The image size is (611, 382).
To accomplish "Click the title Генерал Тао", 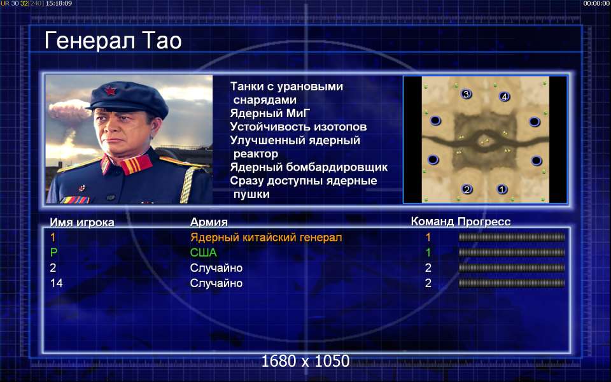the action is pos(113,41).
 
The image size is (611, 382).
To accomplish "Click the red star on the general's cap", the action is pos(110,90).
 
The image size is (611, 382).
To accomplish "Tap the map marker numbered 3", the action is pos(466,94).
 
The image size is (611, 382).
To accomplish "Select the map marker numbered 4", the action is pos(504,96).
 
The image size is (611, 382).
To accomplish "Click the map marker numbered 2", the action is pos(467,190).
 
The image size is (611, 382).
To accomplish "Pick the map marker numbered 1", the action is pos(502,189).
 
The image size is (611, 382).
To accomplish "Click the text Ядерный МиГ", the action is pos(270,113).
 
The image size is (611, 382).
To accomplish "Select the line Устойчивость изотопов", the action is pos(298,127).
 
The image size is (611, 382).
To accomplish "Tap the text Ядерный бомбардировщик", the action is pos(309,167).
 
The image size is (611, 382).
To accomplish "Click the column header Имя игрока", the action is pos(82,222).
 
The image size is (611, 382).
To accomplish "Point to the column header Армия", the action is pos(209,222).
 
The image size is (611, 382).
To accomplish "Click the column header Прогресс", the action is pos(484,222).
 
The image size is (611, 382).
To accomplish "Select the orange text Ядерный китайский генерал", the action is pos(266,237).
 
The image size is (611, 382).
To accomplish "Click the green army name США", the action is pos(204,253).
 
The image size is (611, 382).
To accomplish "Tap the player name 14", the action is pos(56,283).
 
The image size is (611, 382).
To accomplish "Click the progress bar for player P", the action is pos(512,253).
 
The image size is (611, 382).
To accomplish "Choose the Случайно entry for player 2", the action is pos(216,268).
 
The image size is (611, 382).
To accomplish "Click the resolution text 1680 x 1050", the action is pos(305,361).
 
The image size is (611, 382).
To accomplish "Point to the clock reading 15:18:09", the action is pos(59,3).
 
